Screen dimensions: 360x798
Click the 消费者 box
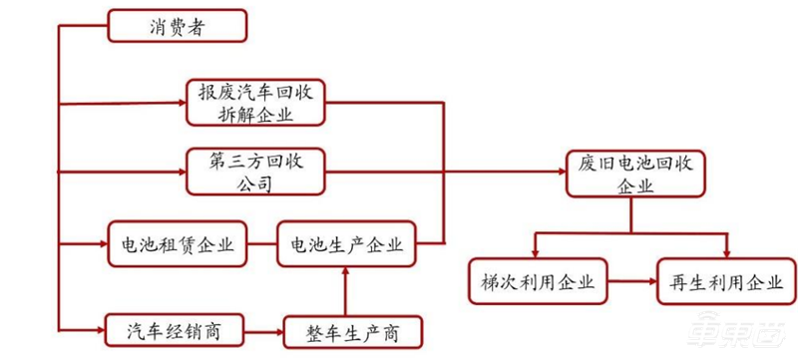[x=175, y=28]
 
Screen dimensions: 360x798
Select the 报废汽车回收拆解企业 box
[x=256, y=103]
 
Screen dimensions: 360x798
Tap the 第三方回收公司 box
[x=256, y=172]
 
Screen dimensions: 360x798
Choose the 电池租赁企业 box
[x=178, y=245]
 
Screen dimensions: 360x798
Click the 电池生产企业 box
[x=347, y=245]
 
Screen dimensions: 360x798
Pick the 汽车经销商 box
[x=176, y=328]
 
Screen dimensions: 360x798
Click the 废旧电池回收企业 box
[x=635, y=173]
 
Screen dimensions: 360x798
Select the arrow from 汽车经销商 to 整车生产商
[x=265, y=328]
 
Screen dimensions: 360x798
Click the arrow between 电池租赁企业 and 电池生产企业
[x=262, y=245]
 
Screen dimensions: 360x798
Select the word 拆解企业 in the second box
[x=256, y=116]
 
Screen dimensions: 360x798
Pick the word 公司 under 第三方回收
[x=256, y=184]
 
